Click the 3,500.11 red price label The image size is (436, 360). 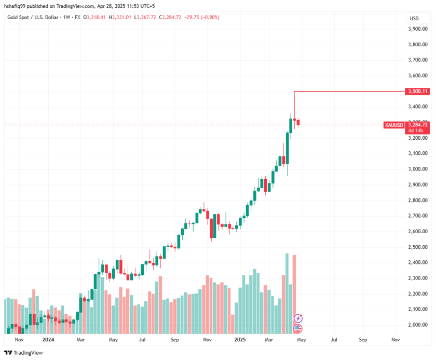[x=418, y=91]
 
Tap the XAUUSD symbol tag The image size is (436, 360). [x=394, y=125]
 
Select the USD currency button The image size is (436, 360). [x=414, y=19]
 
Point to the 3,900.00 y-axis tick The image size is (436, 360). [x=418, y=29]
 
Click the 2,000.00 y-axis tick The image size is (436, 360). [x=418, y=325]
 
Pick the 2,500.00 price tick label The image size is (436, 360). [x=418, y=247]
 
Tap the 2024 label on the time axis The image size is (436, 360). [x=48, y=340]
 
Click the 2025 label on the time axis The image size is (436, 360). [x=240, y=340]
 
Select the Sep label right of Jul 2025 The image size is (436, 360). [x=362, y=340]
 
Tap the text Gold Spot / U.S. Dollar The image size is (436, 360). [x=29, y=17]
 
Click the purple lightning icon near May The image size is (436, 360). [x=298, y=318]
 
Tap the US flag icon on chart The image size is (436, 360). [x=298, y=328]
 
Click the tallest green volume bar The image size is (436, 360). [x=287, y=293]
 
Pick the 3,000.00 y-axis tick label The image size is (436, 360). [x=418, y=169]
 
